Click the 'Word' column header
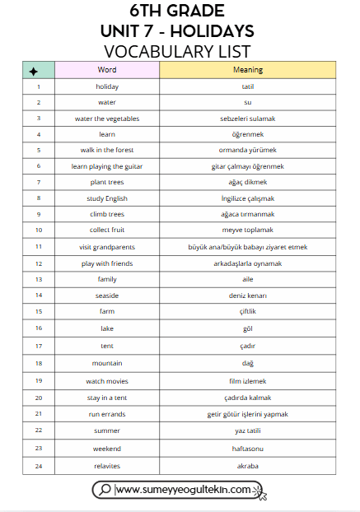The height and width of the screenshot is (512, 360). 107,70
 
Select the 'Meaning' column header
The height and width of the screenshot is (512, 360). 247,70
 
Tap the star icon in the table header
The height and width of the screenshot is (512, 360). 33,71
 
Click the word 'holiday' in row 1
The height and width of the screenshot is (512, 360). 107,86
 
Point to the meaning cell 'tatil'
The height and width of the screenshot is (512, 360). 247,86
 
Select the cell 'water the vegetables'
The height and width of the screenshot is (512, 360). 107,119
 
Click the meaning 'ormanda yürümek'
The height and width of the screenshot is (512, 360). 247,150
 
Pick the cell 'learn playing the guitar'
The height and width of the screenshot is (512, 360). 107,166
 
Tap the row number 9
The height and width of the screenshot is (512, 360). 39,214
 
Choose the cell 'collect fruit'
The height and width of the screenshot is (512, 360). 107,230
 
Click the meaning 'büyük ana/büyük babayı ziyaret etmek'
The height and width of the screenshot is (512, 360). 247,247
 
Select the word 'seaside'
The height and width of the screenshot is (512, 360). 107,295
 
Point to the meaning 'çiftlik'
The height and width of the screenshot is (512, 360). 247,312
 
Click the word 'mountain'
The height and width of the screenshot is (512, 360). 107,363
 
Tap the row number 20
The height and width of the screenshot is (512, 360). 39,398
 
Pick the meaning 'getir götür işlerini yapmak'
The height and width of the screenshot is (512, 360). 247,413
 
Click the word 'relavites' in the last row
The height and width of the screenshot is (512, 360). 107,466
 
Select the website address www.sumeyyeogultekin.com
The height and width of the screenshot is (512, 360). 183,490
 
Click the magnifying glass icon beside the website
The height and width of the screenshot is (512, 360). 105,490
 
